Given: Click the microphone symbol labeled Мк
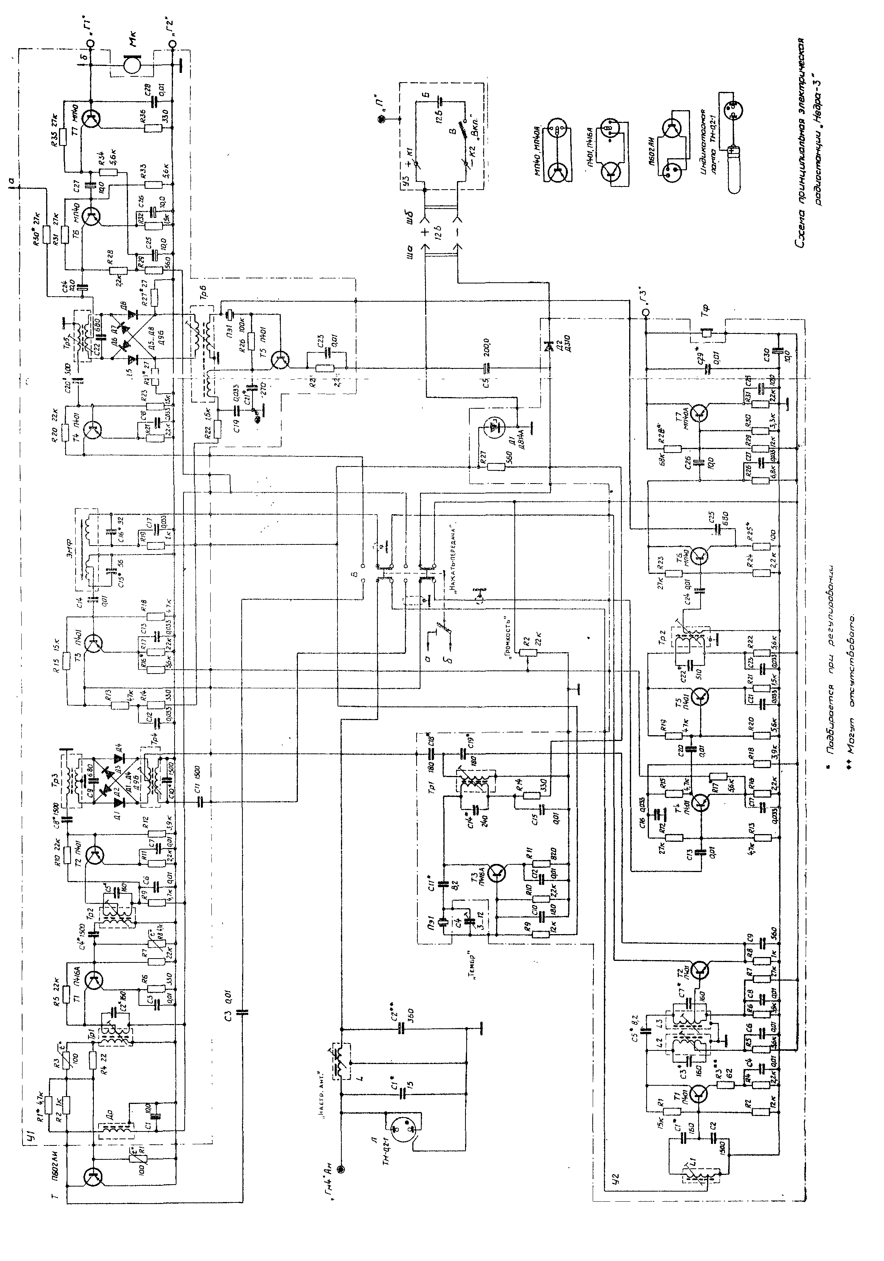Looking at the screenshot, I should coord(131,65).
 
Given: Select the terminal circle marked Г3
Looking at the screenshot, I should coord(646,312).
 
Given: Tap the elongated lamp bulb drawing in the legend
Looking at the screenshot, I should coord(734,168).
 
